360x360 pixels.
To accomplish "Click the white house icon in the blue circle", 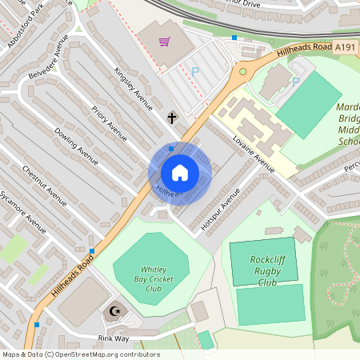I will (x=180, y=172).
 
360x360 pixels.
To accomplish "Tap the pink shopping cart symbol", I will (x=165, y=42).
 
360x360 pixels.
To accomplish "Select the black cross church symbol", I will (x=172, y=118).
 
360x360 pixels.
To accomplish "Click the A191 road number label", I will (x=346, y=48).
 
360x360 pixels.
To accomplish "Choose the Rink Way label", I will (x=113, y=338).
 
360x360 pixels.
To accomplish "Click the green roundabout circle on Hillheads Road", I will (x=243, y=71).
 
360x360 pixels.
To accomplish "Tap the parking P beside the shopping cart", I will (x=194, y=71).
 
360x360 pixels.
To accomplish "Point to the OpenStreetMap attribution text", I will (x=81, y=354).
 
